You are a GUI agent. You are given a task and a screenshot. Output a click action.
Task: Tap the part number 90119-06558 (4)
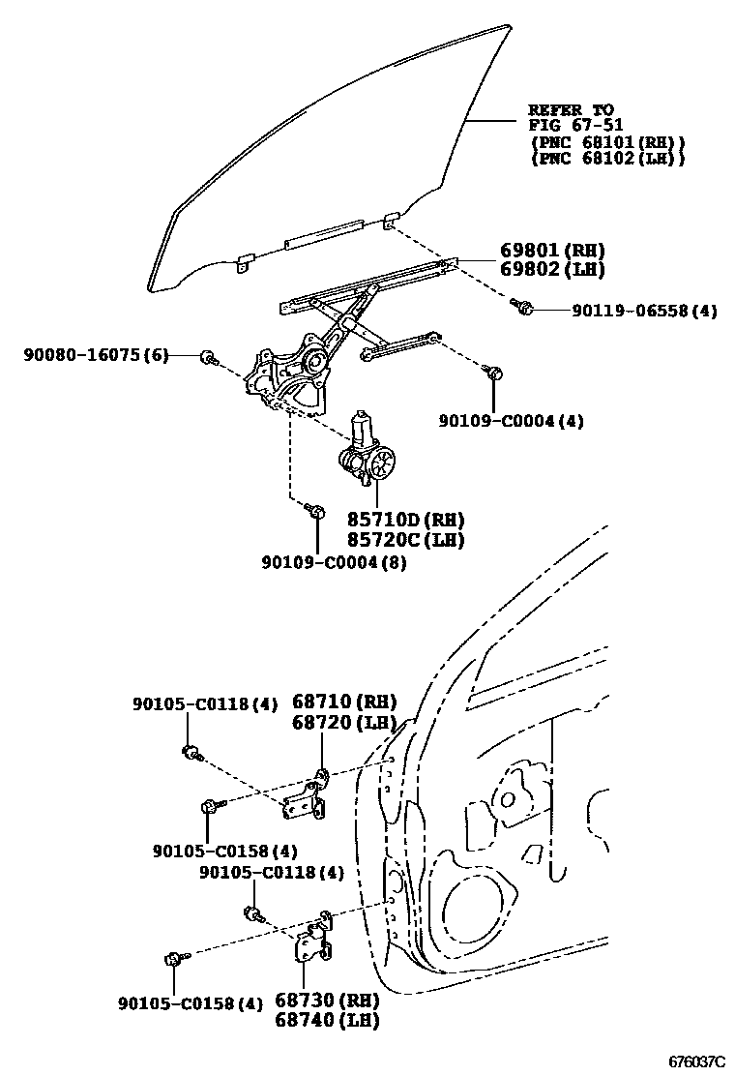click(x=631, y=311)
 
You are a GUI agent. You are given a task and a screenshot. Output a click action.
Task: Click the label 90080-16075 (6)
click(x=96, y=356)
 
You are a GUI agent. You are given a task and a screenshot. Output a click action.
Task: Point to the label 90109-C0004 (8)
click(x=333, y=562)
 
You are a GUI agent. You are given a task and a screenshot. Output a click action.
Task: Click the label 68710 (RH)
click(x=344, y=702)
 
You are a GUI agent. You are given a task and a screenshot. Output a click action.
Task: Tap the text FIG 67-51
click(x=575, y=125)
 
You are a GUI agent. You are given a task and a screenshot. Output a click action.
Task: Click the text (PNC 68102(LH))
click(x=607, y=158)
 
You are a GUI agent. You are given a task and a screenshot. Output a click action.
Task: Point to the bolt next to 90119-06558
click(x=525, y=309)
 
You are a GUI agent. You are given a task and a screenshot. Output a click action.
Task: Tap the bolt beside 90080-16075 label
click(x=208, y=358)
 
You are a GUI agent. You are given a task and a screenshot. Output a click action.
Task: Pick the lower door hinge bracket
click(x=311, y=941)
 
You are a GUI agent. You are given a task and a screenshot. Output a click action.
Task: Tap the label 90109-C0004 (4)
click(x=511, y=421)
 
